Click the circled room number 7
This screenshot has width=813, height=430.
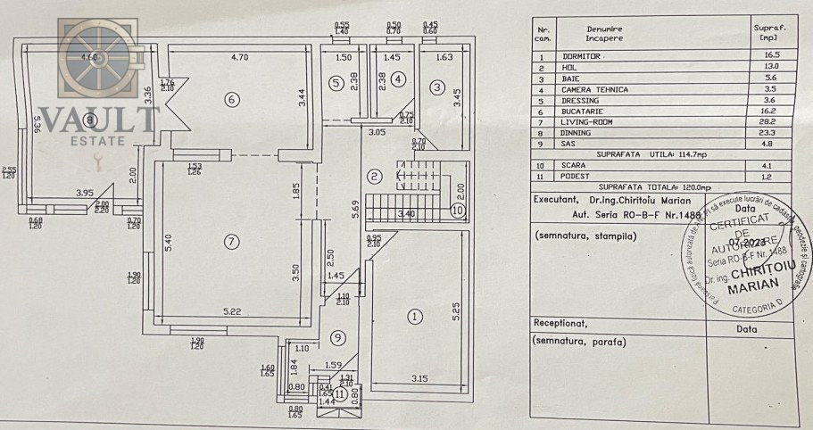[x=231, y=241]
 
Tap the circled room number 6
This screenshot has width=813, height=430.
[x=232, y=99]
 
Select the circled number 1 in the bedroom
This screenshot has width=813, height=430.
[x=413, y=316]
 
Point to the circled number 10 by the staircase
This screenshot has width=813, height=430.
[x=457, y=211]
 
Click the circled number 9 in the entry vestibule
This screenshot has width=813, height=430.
[x=336, y=337]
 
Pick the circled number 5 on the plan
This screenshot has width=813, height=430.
[x=336, y=84]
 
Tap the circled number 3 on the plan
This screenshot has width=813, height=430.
[x=436, y=87]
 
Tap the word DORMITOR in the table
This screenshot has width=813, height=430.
[x=595, y=55]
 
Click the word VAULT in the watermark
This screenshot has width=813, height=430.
[x=98, y=119]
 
